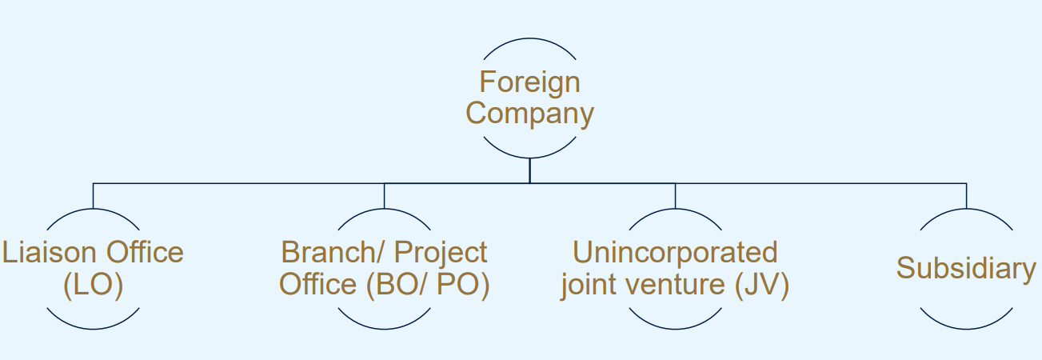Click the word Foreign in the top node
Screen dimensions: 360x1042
click(529, 82)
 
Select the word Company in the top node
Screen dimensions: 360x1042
click(529, 114)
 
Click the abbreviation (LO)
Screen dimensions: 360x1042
click(93, 285)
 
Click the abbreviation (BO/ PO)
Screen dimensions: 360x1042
click(428, 285)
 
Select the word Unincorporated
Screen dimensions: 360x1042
click(675, 252)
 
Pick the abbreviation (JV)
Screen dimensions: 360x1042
click(762, 286)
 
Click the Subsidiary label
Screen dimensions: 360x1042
click(965, 268)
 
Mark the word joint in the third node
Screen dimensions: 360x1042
click(589, 286)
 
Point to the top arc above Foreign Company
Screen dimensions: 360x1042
click(529, 38)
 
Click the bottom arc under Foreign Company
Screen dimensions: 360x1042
click(529, 156)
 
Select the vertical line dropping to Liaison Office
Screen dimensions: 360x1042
click(93, 195)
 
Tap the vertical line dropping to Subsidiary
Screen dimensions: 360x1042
click(966, 195)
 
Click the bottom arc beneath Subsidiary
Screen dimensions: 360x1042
click(966, 329)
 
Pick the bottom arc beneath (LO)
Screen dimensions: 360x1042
click(93, 329)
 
